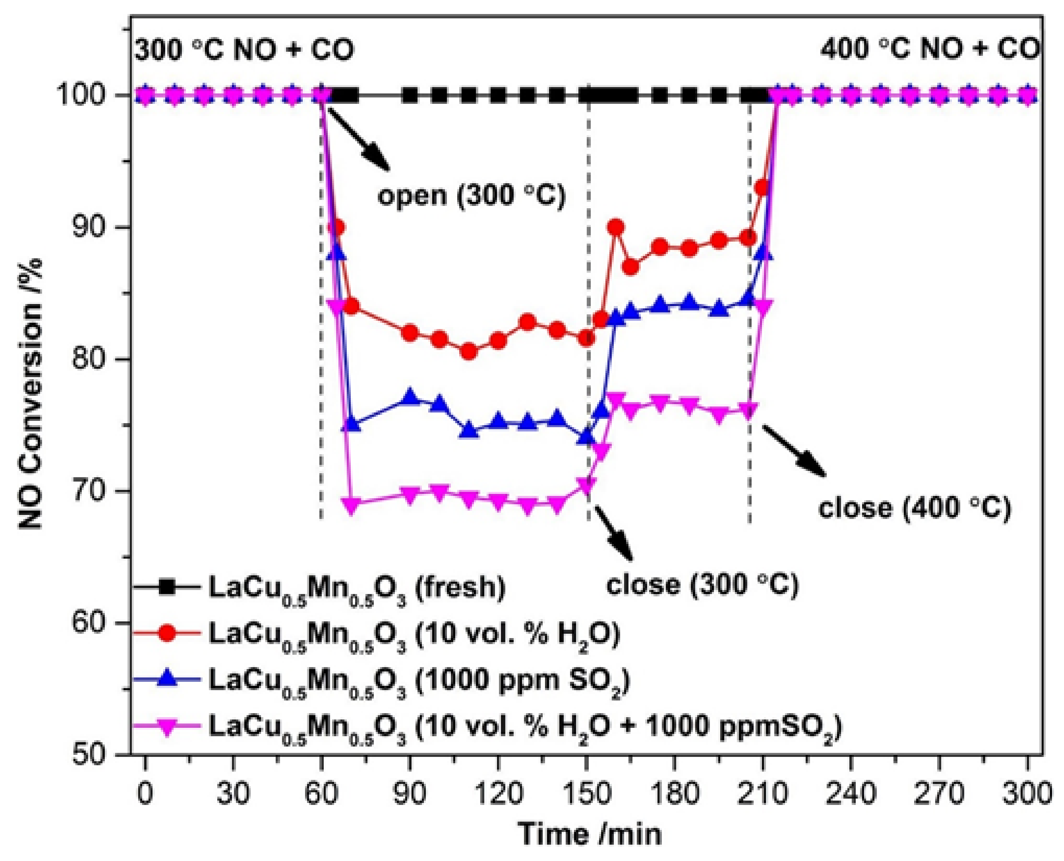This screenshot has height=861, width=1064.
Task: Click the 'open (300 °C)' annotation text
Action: pos(471,196)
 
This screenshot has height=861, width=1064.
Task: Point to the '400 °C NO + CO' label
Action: pos(929,50)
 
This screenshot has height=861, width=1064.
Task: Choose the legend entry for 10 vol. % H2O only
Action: pos(377,634)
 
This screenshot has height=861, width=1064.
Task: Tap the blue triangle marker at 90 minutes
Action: pos(410,398)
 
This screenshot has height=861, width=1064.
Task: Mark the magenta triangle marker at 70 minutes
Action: pos(351,505)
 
